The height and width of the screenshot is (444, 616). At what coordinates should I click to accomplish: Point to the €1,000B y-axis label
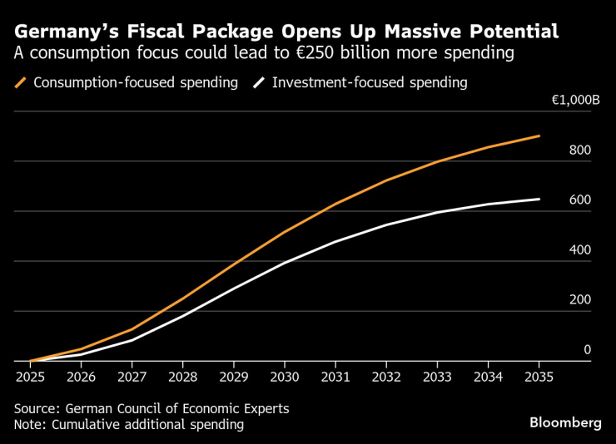coord(575,101)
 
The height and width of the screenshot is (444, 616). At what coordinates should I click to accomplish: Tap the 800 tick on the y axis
coord(580,150)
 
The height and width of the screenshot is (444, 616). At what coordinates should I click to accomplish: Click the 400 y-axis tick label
coord(580,250)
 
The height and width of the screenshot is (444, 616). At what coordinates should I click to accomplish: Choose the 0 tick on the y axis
coord(587,350)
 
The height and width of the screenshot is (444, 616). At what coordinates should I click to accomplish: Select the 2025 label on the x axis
coord(30,376)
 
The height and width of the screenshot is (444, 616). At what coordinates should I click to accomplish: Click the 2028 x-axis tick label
coord(182,376)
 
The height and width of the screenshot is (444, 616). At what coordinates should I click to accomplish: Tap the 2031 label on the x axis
coord(335,376)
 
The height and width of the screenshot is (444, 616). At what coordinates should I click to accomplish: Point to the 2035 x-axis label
coord(539,376)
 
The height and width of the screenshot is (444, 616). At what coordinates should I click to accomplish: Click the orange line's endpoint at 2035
coord(539,136)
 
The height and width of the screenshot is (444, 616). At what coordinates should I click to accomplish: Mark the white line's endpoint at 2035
coord(539,199)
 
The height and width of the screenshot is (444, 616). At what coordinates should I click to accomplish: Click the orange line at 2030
coord(285,232)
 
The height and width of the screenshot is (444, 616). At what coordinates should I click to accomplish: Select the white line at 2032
coord(386,225)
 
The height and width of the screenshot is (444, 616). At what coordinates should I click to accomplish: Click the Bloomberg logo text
coord(565,423)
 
